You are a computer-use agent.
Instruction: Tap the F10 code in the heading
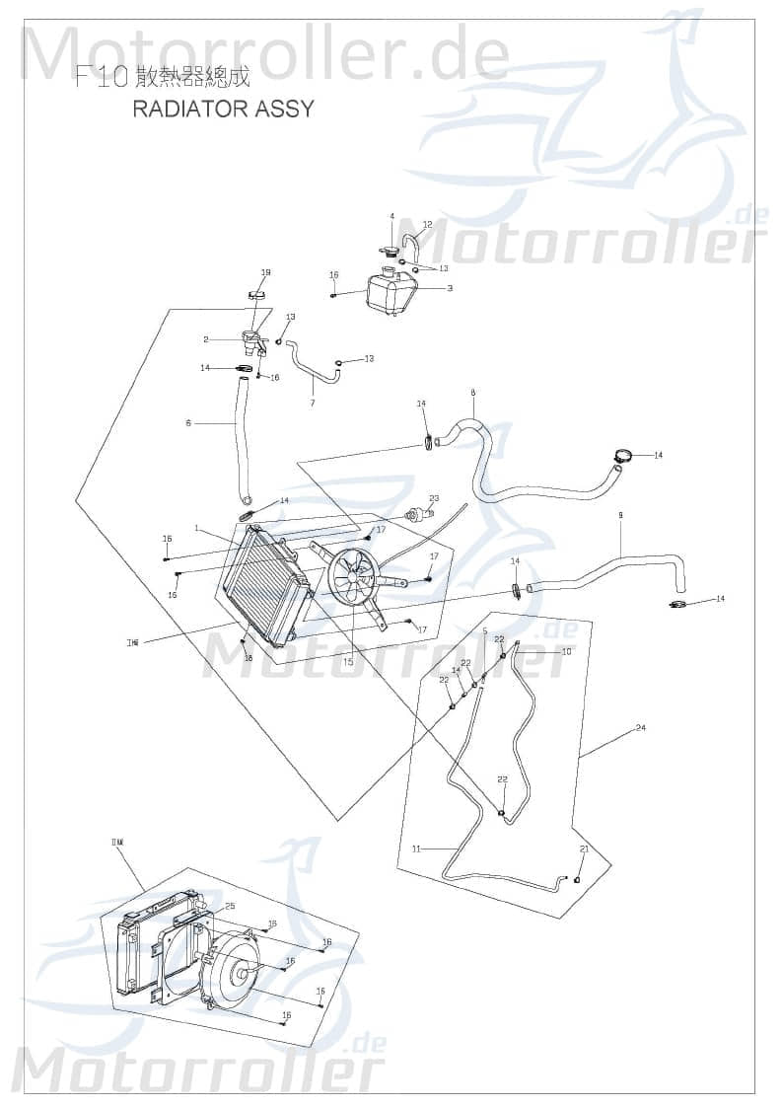pyautogui.click(x=102, y=79)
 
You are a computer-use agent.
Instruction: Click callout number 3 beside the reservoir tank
pyautogui.click(x=450, y=288)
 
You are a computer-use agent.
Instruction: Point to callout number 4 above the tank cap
pyautogui.click(x=391, y=216)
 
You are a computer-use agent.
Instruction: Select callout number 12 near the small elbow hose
pyautogui.click(x=427, y=225)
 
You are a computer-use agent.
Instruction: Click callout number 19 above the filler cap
pyautogui.click(x=265, y=272)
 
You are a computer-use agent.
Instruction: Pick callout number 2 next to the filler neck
pyautogui.click(x=206, y=338)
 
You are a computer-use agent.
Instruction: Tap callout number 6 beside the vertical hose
pyautogui.click(x=188, y=423)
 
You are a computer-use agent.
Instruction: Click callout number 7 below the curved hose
pyautogui.click(x=313, y=403)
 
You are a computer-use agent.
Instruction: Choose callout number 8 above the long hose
pyautogui.click(x=473, y=393)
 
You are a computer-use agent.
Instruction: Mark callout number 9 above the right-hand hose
pyautogui.click(x=620, y=515)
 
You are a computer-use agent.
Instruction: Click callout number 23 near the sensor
pyautogui.click(x=434, y=498)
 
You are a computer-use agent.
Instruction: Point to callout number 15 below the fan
pyautogui.click(x=348, y=662)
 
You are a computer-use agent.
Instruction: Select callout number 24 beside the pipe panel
pyautogui.click(x=641, y=728)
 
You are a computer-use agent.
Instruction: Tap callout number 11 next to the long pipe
pyautogui.click(x=416, y=849)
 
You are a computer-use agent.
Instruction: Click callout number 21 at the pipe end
pyautogui.click(x=584, y=849)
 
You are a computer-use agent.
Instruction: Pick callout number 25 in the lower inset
pyautogui.click(x=230, y=906)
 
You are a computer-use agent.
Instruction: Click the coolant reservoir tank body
pyautogui.click(x=391, y=293)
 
